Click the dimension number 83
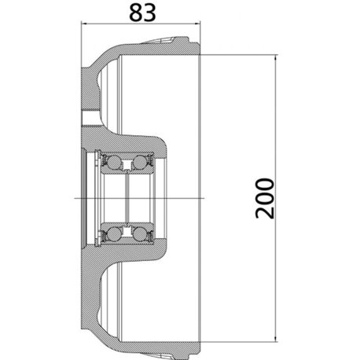(142, 13)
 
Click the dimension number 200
(265, 198)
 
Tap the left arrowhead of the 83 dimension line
(85, 24)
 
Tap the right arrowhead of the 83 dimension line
(197, 24)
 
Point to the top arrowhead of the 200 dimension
(276, 58)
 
